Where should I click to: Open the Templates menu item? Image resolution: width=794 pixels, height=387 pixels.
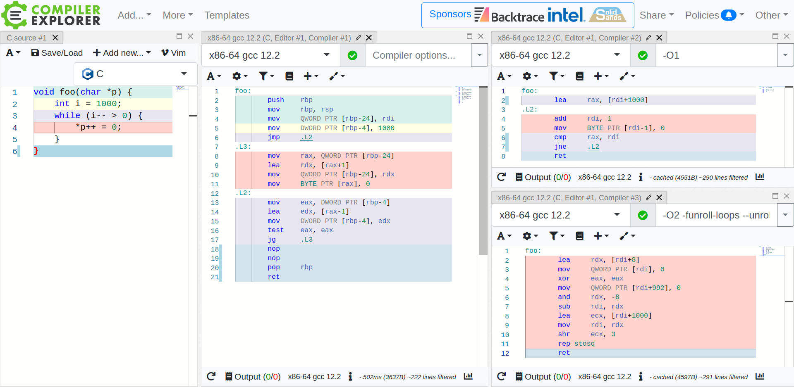227,15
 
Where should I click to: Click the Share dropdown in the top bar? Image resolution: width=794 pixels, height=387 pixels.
656,15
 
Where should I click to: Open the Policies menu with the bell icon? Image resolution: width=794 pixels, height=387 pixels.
714,15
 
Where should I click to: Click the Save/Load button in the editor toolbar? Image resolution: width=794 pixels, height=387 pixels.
57,53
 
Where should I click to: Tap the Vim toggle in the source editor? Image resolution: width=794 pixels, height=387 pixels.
174,53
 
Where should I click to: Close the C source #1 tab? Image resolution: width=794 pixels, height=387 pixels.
55,38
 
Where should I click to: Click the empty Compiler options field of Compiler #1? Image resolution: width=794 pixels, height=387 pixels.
418,55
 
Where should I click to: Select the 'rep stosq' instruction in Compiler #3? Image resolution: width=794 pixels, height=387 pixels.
576,344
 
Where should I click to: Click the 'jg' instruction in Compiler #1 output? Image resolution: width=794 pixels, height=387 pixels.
272,240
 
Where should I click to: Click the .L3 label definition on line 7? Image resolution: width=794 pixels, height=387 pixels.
243,147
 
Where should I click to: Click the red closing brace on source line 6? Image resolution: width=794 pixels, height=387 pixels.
36,151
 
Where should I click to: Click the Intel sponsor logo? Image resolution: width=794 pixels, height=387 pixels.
566,15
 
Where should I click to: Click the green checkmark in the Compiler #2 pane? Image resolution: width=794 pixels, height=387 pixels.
643,55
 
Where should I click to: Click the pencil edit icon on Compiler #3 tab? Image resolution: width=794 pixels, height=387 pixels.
648,197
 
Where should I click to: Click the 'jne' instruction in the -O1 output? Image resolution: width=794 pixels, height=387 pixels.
560,147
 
